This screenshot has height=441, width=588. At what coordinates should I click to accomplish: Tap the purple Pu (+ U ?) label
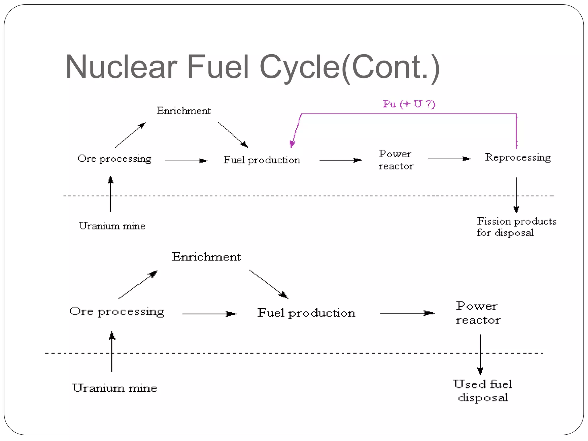click(x=409, y=104)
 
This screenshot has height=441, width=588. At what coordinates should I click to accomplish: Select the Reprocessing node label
click(x=518, y=157)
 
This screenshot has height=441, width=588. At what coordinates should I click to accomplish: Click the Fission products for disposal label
click(x=516, y=227)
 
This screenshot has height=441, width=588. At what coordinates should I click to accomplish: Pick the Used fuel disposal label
click(x=483, y=391)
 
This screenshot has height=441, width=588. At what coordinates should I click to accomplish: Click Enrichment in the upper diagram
click(x=183, y=111)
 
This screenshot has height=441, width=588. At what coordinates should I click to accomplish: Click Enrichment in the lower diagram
click(x=206, y=256)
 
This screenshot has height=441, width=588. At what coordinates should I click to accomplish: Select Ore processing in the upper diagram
click(x=114, y=158)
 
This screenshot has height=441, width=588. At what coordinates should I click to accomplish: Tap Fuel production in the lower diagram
click(x=306, y=313)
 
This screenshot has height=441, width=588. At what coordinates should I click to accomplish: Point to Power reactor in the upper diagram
click(x=396, y=160)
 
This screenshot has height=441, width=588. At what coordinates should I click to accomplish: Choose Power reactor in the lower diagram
click(x=478, y=313)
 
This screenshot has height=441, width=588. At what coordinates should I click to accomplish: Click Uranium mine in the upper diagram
click(x=112, y=226)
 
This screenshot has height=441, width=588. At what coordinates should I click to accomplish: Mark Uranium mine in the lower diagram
click(x=114, y=388)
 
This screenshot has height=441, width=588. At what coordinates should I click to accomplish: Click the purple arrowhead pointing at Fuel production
click(x=292, y=144)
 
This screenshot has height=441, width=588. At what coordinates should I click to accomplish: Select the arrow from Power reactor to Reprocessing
click(x=449, y=158)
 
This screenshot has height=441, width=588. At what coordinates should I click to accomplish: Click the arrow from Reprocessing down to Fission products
click(x=516, y=195)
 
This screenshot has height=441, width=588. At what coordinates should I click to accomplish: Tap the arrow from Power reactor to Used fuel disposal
click(x=480, y=355)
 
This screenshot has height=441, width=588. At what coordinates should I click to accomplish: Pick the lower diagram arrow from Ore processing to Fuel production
click(x=209, y=314)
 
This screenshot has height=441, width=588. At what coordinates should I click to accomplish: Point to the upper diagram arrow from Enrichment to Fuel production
click(x=233, y=135)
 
